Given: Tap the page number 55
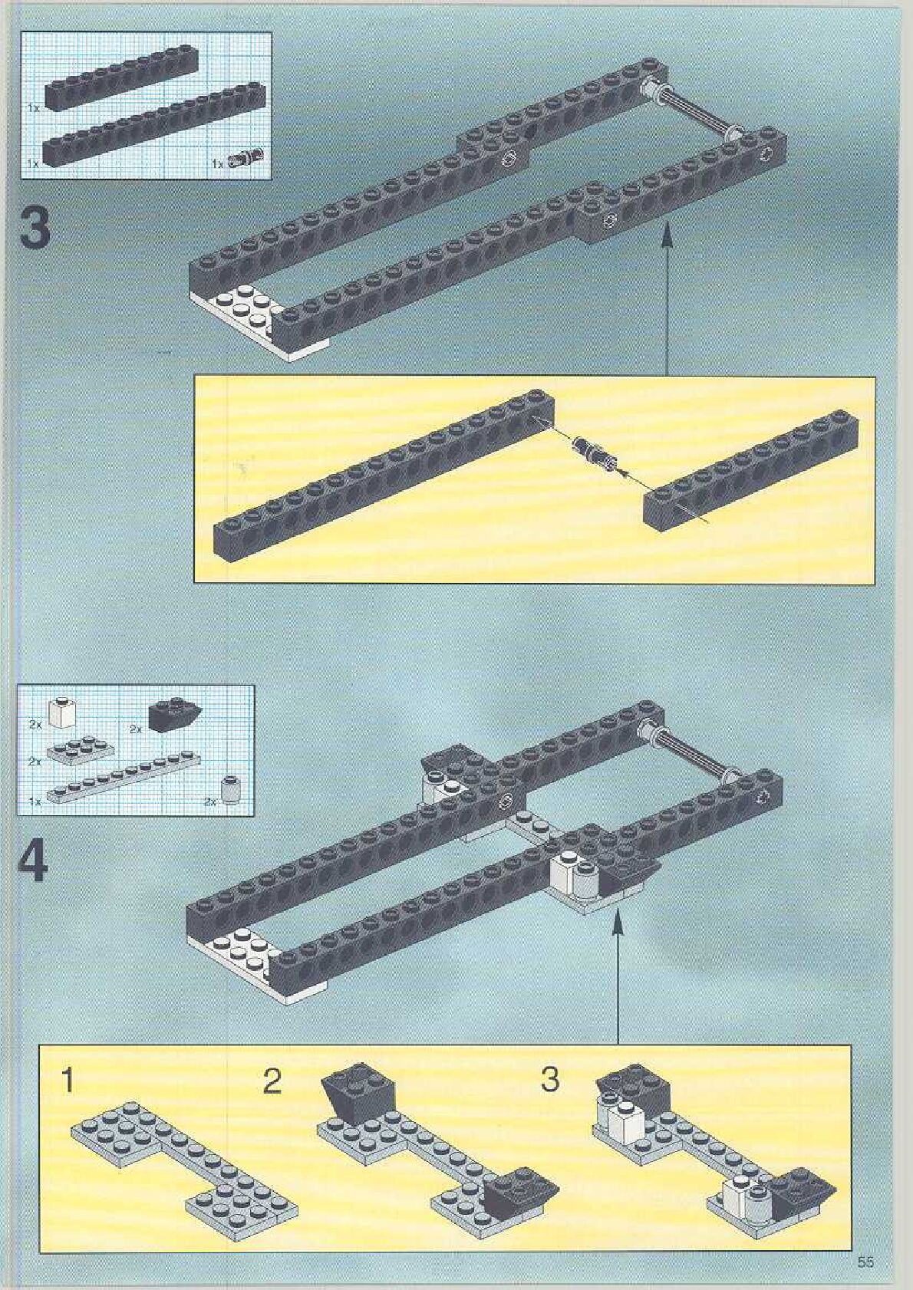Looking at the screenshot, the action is coord(865,1259).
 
